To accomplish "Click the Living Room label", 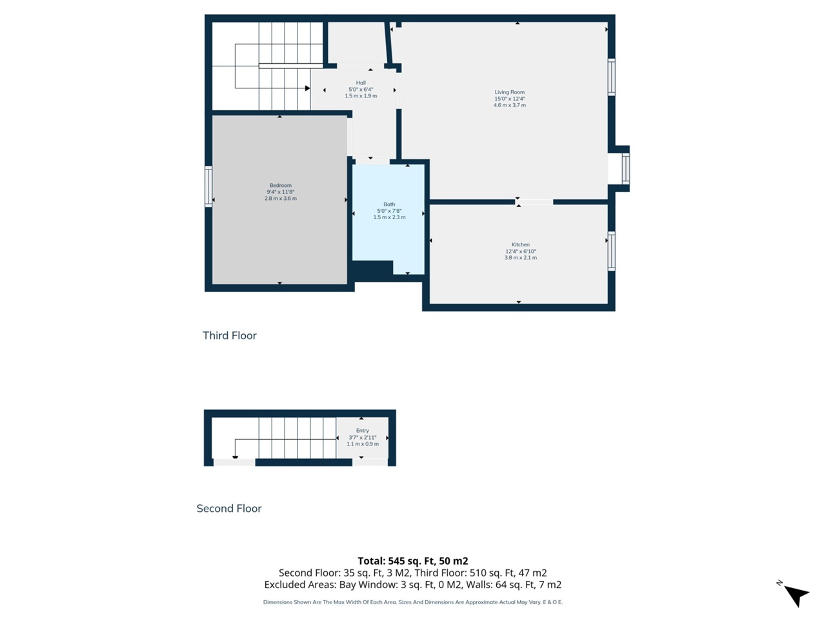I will click(509, 92).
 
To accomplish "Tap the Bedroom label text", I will click(280, 186).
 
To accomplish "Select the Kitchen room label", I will click(520, 245).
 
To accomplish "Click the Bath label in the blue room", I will click(389, 204).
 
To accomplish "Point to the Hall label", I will click(361, 83).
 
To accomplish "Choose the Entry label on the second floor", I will click(362, 431).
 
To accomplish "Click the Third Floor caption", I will click(230, 335).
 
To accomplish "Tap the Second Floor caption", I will click(229, 508).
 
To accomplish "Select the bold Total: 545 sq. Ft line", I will click(413, 561).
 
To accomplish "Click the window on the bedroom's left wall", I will click(208, 186).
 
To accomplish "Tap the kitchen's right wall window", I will click(611, 250).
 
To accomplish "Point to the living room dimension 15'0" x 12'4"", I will click(509, 99).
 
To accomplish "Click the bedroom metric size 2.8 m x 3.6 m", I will click(280, 199).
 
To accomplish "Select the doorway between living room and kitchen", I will click(534, 202).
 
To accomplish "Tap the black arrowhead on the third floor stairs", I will click(307, 88).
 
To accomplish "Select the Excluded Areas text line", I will click(413, 585).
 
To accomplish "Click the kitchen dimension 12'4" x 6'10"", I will click(520, 251).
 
